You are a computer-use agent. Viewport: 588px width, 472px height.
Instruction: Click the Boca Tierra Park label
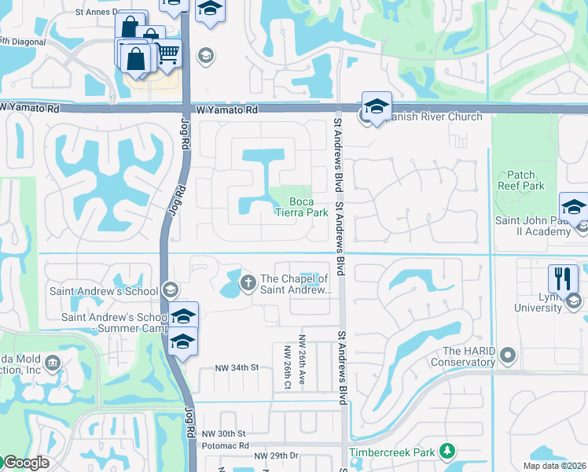[x=302, y=206]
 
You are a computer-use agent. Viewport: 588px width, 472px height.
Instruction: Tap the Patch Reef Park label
[x=520, y=180]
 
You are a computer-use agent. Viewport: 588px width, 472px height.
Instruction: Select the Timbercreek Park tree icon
[x=447, y=452]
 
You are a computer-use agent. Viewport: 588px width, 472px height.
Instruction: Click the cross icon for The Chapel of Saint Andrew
[x=248, y=282]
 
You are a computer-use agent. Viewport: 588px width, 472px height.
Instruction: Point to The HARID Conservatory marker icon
[x=508, y=357]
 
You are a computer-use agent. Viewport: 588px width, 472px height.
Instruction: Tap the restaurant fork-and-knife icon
[x=563, y=278]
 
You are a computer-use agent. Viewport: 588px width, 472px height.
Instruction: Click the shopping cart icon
[x=167, y=52]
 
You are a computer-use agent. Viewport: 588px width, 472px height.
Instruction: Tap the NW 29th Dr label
[x=276, y=456]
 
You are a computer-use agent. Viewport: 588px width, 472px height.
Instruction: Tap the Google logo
[x=26, y=463]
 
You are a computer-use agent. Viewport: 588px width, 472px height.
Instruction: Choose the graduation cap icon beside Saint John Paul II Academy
[x=574, y=206]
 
